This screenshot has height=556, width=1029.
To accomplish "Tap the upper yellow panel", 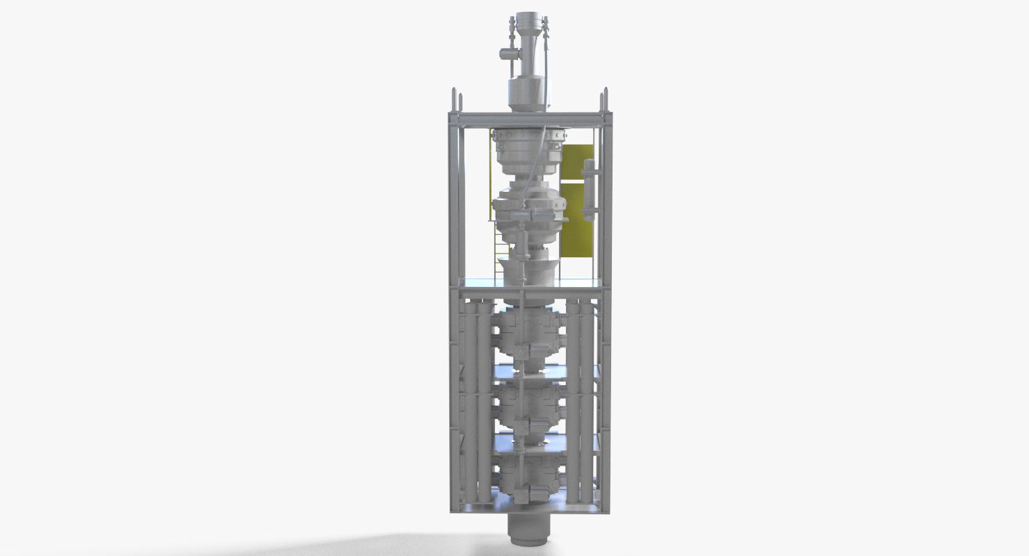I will [x=577, y=161].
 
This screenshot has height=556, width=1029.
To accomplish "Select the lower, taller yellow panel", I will [x=577, y=219].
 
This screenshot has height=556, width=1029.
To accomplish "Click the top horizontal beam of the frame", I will [x=528, y=119].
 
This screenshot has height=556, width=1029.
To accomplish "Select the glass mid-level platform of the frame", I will [x=528, y=282].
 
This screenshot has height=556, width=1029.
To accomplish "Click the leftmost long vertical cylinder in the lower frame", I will [x=469, y=403].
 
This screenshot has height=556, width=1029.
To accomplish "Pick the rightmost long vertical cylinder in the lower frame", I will [x=588, y=403].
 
